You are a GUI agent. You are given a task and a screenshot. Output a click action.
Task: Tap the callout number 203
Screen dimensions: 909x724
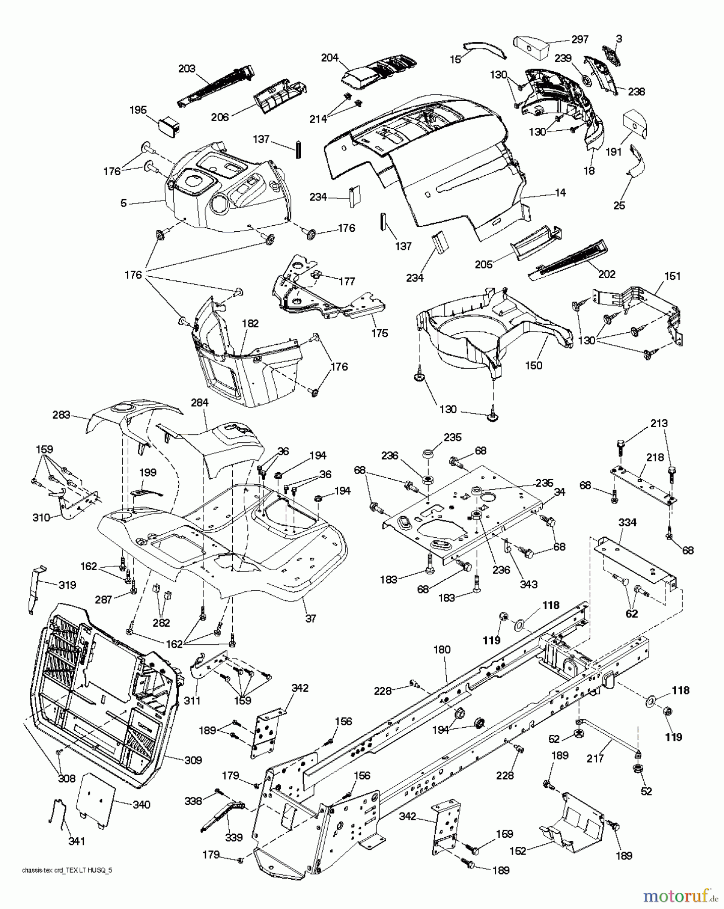187,69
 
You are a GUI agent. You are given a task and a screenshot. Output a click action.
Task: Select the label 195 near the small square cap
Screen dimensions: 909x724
138,110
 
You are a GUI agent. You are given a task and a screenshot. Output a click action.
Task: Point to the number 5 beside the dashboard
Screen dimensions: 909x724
123,204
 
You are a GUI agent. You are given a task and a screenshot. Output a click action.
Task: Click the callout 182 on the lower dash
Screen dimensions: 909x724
250,324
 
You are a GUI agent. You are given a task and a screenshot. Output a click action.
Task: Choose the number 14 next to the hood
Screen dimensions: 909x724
560,192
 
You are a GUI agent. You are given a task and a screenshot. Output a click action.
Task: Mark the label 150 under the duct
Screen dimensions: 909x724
534,365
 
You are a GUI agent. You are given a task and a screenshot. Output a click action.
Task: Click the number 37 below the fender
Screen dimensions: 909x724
311,618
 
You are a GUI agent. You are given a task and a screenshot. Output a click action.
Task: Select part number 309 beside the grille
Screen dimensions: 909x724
193,760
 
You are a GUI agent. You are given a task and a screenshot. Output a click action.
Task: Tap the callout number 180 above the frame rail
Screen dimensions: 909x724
442,650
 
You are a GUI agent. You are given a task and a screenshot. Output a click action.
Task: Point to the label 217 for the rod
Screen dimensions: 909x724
596,758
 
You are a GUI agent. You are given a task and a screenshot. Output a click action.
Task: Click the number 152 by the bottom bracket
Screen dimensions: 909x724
518,851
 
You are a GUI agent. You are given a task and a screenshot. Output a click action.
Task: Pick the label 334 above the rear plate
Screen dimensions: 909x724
628,523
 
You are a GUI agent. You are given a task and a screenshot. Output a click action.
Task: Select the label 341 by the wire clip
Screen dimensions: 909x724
77,841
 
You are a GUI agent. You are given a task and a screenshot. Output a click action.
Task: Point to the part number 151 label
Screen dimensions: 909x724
673,276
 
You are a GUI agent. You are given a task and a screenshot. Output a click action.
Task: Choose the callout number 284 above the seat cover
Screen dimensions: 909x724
199,402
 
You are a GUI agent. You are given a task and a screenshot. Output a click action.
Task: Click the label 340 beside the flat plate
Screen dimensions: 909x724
141,804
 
